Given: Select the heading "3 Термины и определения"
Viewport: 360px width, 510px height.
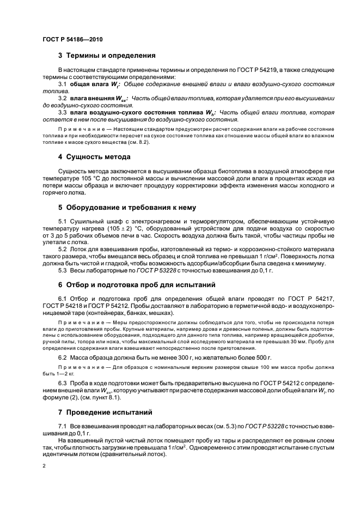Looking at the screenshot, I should (107, 56).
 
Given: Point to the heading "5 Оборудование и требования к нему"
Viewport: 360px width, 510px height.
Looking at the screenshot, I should (128, 207).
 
